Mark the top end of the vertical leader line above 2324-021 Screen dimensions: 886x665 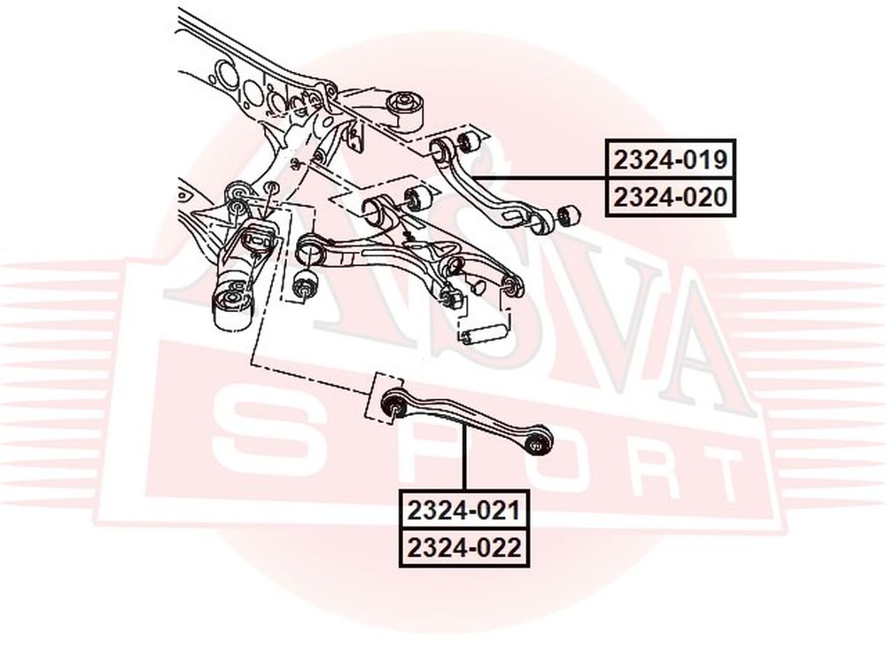point(464,427)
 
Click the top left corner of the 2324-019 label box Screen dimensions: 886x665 point(605,139)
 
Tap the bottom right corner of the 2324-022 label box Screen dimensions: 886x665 point(530,566)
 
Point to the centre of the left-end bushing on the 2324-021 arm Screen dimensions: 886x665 point(395,405)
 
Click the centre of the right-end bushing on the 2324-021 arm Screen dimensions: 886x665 point(537,442)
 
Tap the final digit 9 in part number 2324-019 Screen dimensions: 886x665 point(719,160)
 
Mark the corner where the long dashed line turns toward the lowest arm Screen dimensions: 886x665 point(252,364)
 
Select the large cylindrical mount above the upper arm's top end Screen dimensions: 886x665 point(406,110)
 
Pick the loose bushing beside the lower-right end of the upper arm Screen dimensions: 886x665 point(568,215)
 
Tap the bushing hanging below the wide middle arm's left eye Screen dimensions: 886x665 point(306,284)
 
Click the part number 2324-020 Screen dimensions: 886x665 point(670,198)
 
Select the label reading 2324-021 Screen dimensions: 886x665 point(464,511)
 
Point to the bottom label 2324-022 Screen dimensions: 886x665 point(464,547)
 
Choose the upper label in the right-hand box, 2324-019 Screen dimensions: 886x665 point(670,160)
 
